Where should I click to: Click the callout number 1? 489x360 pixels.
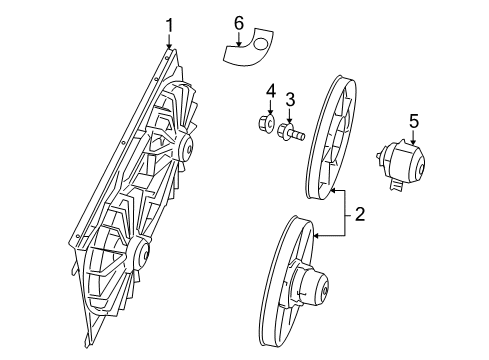[170, 24]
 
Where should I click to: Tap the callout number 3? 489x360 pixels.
[290, 100]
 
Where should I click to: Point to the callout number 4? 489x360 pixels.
[269, 93]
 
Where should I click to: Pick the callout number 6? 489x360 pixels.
[238, 21]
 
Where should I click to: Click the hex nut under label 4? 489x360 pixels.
[269, 127]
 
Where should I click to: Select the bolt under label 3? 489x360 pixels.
[290, 132]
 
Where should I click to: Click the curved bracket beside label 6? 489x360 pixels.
[246, 44]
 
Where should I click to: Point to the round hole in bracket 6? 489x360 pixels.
[261, 40]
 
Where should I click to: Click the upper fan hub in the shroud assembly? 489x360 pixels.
[184, 149]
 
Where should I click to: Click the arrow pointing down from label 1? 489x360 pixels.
[170, 41]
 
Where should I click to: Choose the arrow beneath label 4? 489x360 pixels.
[269, 109]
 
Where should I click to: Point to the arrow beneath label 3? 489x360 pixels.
[290, 115]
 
